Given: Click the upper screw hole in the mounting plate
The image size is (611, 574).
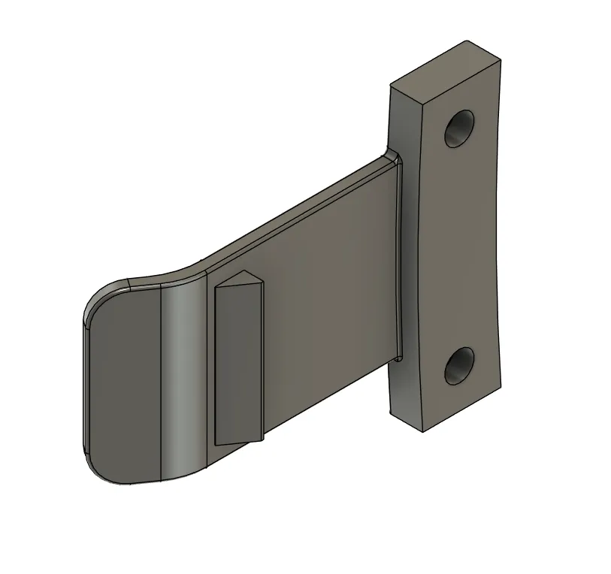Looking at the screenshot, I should click(458, 128).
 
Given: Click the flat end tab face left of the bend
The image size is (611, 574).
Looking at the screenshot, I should click(124, 383).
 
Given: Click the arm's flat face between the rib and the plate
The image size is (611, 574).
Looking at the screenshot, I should click(331, 301).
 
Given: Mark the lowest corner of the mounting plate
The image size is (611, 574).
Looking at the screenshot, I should click(423, 431).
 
